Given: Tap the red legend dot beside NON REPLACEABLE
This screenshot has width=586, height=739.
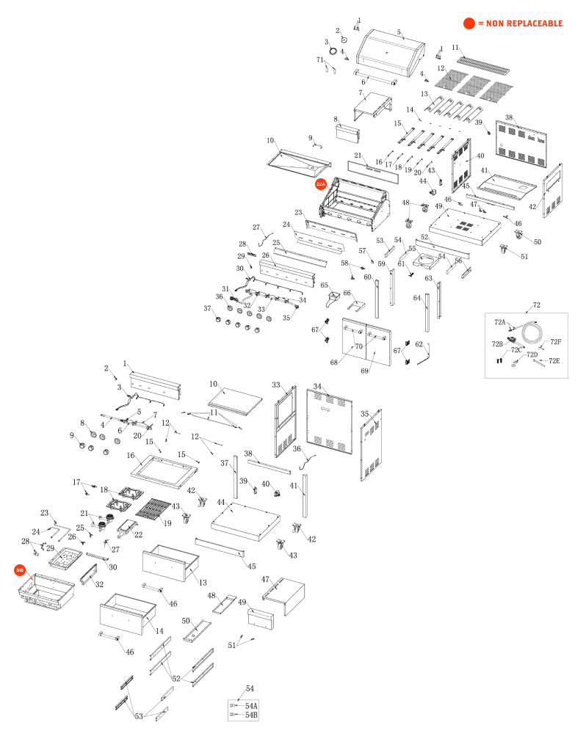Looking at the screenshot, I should (469, 23).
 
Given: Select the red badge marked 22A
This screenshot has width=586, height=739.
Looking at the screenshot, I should (321, 185).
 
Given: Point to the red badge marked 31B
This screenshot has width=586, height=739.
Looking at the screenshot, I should (20, 569).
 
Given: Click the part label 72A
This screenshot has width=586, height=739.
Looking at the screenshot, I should (499, 322).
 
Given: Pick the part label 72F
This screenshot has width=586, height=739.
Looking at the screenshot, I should (555, 341).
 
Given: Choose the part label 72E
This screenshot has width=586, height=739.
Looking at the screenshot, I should (554, 360).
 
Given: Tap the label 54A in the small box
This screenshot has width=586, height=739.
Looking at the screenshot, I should (251, 705).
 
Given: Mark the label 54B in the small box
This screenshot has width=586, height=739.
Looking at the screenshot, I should (251, 714).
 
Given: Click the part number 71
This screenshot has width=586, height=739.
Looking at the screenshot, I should (320, 59).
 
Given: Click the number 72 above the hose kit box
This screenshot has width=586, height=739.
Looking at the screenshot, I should (537, 304).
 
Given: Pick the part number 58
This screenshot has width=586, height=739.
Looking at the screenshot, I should (344, 263).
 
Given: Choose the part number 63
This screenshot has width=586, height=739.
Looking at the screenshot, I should (429, 278).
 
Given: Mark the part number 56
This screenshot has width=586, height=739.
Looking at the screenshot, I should (458, 261).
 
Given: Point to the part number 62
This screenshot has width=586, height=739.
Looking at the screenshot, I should (419, 344).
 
